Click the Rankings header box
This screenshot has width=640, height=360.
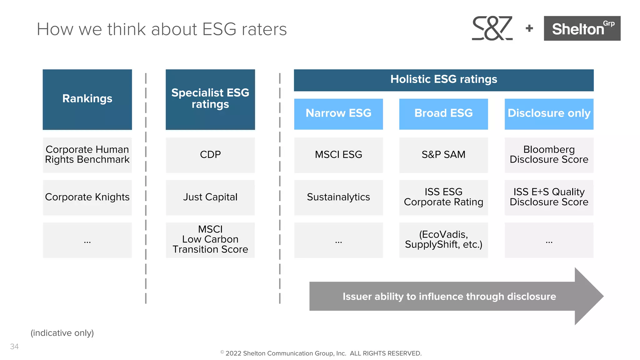point(87,99)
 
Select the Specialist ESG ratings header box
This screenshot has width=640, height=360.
point(210,99)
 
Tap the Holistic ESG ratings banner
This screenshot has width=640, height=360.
point(443,80)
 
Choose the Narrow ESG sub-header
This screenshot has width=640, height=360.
point(338,114)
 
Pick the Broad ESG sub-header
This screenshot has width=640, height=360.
point(443,114)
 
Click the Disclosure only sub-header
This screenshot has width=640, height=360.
point(549,114)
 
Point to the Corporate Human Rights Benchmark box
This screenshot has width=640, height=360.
point(87,155)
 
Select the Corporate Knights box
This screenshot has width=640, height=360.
point(87,197)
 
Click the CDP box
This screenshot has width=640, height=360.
point(210,155)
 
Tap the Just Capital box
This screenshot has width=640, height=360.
point(210,197)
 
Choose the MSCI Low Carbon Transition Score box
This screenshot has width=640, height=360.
point(210,240)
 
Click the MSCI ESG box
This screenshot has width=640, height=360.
point(338,155)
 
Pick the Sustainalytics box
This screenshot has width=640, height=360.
point(338,197)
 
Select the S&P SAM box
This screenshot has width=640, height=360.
point(443,155)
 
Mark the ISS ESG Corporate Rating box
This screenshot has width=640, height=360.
point(443,197)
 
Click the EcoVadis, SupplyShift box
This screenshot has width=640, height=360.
point(443,240)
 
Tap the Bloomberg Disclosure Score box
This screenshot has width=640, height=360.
point(549,155)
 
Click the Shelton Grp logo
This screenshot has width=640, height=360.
point(582,28)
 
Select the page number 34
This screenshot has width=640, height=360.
point(14,347)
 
